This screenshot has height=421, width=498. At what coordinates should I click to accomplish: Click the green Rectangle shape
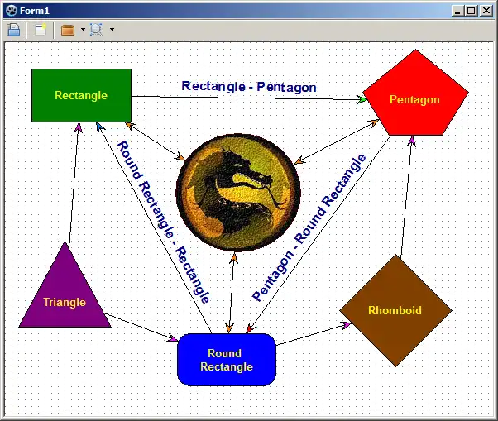click(81, 95)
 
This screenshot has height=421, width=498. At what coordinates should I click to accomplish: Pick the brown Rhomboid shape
click(395, 311)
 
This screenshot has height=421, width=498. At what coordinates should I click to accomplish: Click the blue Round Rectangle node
click(226, 360)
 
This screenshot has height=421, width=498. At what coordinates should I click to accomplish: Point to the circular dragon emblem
click(237, 192)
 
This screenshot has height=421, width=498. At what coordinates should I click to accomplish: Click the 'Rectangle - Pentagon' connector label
click(249, 86)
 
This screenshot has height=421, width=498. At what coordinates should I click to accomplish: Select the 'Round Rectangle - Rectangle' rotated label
click(163, 222)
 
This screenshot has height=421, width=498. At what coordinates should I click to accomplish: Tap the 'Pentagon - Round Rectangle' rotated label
click(309, 227)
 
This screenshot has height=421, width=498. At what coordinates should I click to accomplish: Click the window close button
click(486, 11)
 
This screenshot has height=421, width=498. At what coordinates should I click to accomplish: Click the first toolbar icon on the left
click(13, 30)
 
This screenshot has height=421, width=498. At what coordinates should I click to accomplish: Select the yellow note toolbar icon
click(40, 30)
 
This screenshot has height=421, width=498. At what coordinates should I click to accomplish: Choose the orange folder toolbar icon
click(68, 30)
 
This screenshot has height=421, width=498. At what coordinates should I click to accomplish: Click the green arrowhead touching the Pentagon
click(363, 100)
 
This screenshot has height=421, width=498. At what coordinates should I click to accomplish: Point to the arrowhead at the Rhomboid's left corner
click(347, 324)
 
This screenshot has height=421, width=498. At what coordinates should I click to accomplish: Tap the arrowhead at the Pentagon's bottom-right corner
click(411, 141)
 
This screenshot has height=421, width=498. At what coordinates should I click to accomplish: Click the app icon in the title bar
click(11, 11)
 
